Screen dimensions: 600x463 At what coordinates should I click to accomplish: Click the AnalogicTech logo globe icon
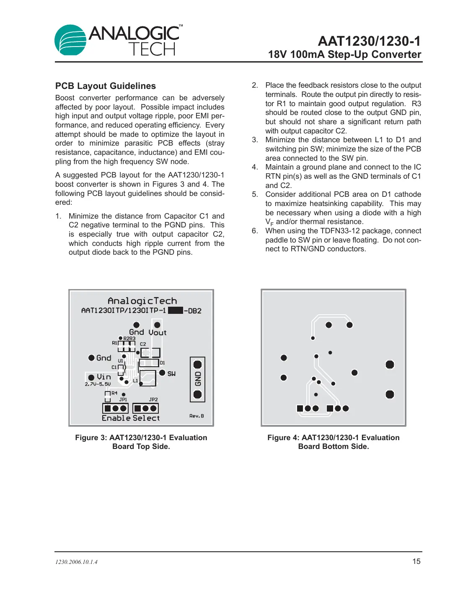pos(70,40)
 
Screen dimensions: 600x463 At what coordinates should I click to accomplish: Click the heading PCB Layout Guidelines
pos(106,86)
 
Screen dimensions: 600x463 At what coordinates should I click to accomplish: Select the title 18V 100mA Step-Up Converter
pos(344,55)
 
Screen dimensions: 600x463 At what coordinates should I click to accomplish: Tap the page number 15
pos(416,561)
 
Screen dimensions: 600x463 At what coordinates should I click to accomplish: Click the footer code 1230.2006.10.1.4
pos(76,562)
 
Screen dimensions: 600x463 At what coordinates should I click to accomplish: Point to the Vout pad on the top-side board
pos(157,325)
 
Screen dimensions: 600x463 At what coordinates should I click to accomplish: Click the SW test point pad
pos(162,373)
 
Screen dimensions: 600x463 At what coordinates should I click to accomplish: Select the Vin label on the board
pos(104,377)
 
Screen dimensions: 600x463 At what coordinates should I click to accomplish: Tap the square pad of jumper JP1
pos(108,408)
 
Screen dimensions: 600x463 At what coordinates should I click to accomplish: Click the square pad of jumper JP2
pos(138,408)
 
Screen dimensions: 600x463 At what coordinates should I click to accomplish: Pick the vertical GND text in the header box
pos(198,379)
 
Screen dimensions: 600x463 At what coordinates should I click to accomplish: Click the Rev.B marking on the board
pos(197,416)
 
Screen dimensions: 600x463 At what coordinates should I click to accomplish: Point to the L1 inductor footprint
pos(147,378)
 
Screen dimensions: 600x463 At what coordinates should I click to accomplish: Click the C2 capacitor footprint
pos(150,352)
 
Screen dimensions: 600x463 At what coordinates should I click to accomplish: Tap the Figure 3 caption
pos(141,442)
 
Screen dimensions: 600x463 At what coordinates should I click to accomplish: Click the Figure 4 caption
pos(333,442)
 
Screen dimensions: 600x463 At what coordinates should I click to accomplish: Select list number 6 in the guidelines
pos(255,231)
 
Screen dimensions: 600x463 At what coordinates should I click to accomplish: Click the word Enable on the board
pos(116,418)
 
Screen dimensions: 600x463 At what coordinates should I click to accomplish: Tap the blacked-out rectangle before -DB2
pos(175,310)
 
